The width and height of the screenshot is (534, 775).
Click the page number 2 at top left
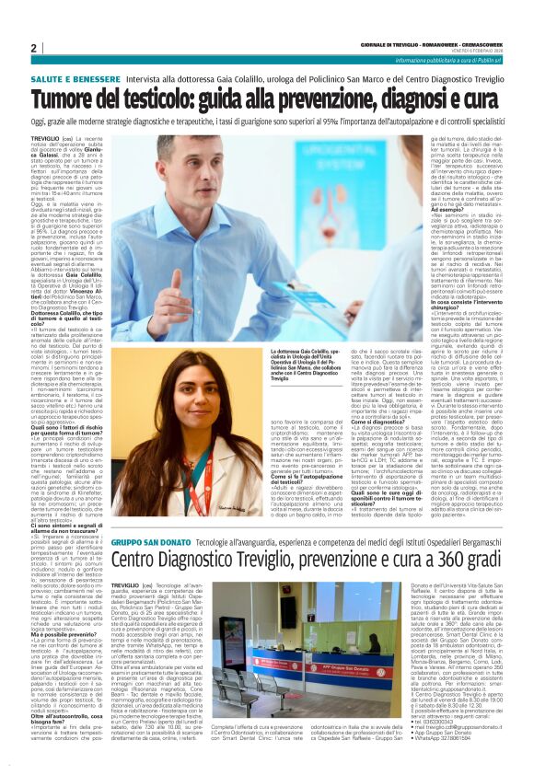tap(34, 48)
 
